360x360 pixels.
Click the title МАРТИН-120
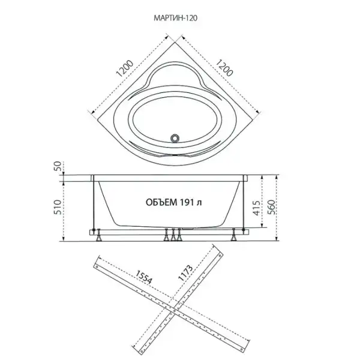click(x=175, y=18)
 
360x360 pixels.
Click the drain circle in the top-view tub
click(x=175, y=138)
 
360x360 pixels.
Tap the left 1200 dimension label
click(x=124, y=68)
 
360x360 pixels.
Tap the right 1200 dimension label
click(x=225, y=68)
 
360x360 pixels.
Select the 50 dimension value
click(x=59, y=166)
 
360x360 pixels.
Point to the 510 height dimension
click(x=58, y=207)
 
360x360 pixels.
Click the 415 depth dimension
click(x=257, y=208)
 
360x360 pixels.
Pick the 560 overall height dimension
click(x=272, y=207)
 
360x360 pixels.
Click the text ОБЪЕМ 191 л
click(x=174, y=202)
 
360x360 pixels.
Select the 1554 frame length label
click(x=144, y=277)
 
